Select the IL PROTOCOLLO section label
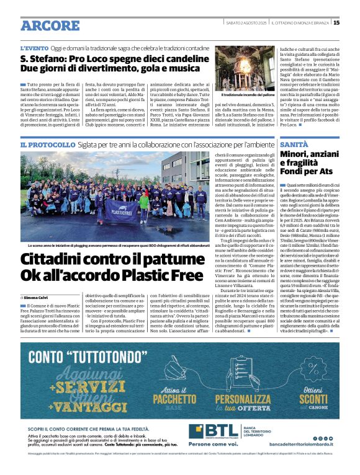click(49, 144)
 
